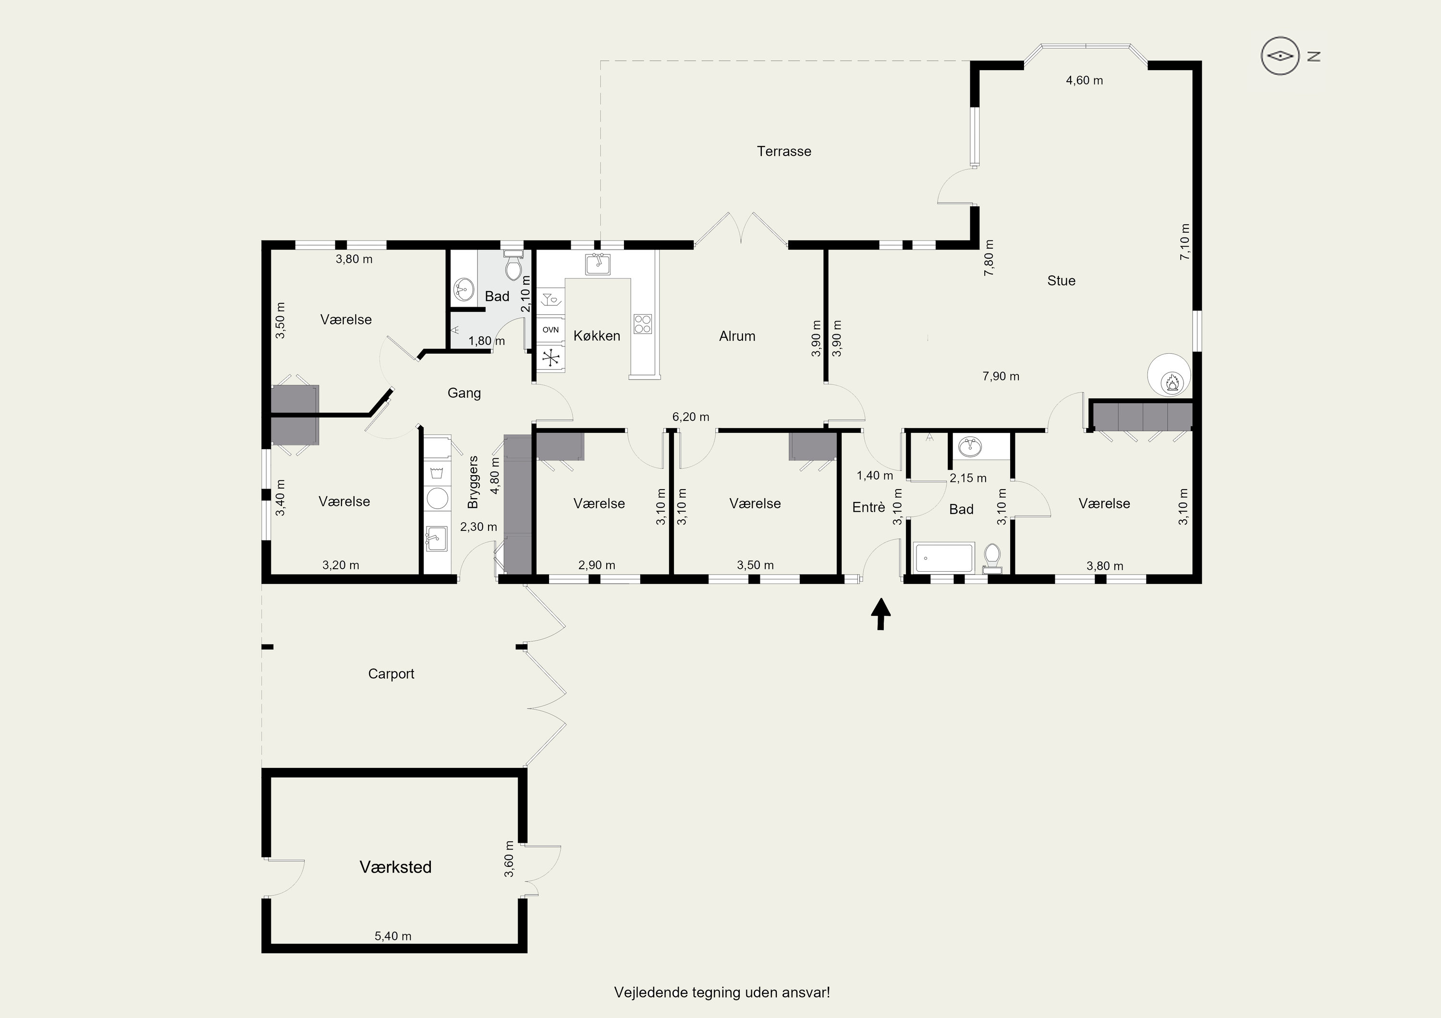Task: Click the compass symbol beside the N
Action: (1280, 56)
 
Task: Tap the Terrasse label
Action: (784, 151)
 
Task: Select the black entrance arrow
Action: (881, 613)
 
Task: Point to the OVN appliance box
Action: (550, 330)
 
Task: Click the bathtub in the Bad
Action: (944, 558)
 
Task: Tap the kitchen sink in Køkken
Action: (598, 264)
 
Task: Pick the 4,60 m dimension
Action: (1085, 80)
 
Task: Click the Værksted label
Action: (395, 867)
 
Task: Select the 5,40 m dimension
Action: (393, 936)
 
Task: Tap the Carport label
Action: (391, 674)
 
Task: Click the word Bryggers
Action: (473, 482)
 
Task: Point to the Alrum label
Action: (737, 336)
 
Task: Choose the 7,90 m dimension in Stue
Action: (1001, 376)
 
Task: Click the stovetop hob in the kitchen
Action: (643, 323)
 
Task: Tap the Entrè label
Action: (868, 507)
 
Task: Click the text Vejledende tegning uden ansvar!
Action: (722, 992)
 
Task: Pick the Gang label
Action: (464, 393)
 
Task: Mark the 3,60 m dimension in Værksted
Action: (509, 859)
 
